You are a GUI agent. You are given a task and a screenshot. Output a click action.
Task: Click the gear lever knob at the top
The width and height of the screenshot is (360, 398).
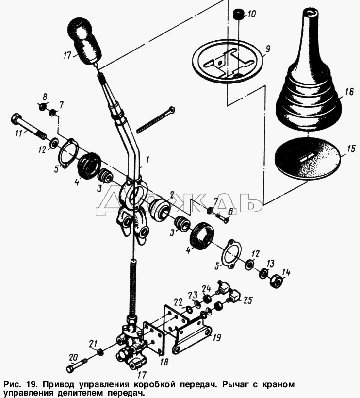coord(85,41)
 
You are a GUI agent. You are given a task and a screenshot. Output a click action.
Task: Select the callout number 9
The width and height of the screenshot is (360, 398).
coord(267,49)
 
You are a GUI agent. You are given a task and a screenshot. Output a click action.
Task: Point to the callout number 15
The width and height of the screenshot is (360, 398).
coord(351,149)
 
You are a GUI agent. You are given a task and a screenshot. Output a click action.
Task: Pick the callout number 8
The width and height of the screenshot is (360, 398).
coord(45,97)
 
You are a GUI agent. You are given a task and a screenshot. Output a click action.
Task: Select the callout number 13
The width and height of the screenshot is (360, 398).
coord(270,264)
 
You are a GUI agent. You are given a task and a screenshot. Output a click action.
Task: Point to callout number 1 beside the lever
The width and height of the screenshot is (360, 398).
coord(147,160)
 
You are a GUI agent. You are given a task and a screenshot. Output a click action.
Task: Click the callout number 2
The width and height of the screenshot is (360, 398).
coord(171,195)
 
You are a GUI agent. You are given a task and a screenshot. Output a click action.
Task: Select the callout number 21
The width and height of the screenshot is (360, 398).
coord(93,344)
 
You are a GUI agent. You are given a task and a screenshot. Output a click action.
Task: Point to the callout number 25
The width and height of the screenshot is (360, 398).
coord(247,300)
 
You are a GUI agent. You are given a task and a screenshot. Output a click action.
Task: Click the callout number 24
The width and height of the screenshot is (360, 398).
coord(207,289)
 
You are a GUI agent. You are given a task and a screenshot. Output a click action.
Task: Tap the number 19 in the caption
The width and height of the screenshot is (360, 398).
coord(31,385)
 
